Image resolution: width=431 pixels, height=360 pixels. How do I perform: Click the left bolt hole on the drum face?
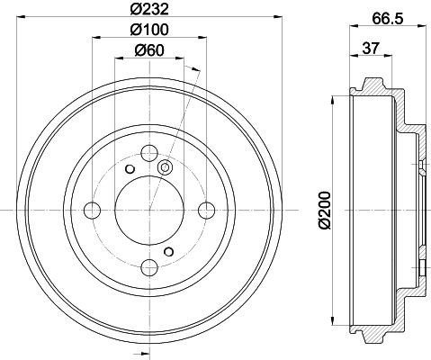[x=91, y=211]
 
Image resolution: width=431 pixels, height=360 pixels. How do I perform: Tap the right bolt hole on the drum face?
[x=207, y=211]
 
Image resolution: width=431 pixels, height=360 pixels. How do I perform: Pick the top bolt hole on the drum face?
[x=149, y=153]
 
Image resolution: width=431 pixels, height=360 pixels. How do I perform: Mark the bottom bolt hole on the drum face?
[x=149, y=268]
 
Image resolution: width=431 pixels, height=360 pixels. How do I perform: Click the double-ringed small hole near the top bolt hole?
[x=164, y=166]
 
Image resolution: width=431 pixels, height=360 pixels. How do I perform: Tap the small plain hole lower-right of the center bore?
[x=168, y=252]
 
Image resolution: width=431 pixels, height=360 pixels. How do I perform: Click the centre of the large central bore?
[x=149, y=211]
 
